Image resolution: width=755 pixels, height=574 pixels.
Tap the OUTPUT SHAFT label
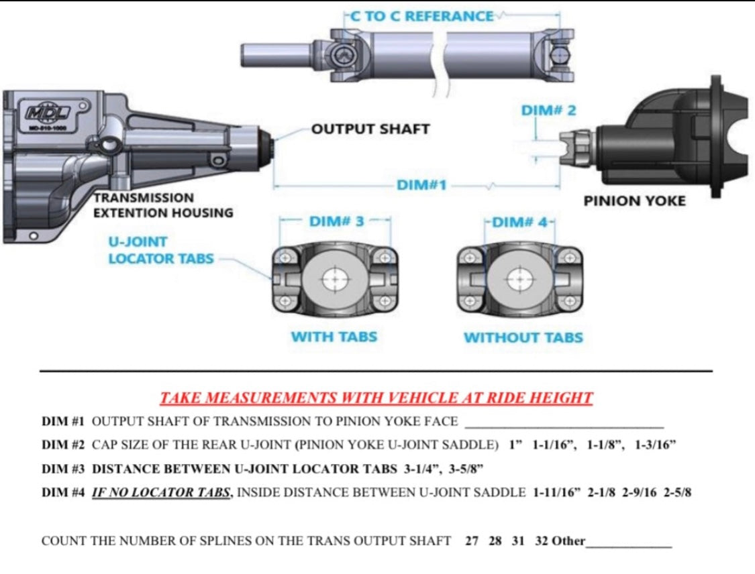pyautogui.click(x=370, y=129)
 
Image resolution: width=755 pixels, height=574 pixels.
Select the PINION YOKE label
pyautogui.click(x=634, y=201)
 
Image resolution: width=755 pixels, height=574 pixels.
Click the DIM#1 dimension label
pyautogui.click(x=421, y=184)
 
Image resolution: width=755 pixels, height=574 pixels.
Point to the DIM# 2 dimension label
pyautogui.click(x=548, y=111)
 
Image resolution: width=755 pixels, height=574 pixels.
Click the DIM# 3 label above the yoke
pyautogui.click(x=336, y=221)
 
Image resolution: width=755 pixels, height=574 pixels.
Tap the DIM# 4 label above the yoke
pyautogui.click(x=520, y=221)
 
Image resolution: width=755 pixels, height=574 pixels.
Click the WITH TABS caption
pyautogui.click(x=334, y=337)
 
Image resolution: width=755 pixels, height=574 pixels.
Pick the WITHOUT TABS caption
pyautogui.click(x=523, y=337)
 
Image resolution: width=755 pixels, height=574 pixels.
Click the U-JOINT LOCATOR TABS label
pyautogui.click(x=161, y=250)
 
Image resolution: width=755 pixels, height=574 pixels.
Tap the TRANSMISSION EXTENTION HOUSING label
pyautogui.click(x=163, y=205)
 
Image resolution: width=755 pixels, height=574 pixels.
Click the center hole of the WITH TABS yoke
pyautogui.click(x=335, y=280)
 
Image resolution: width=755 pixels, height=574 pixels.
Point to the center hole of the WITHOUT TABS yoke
pyautogui.click(x=519, y=279)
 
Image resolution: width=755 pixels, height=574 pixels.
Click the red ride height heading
pyautogui.click(x=376, y=398)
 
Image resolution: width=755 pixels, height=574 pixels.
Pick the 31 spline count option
pyautogui.click(x=517, y=541)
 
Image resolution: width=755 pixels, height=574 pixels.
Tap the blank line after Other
pyautogui.click(x=629, y=542)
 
